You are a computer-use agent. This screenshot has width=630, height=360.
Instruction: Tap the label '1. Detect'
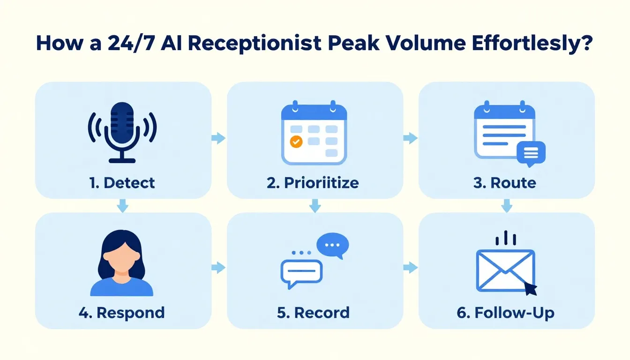(x=122, y=182)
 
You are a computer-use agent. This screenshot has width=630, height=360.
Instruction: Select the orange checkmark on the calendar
(x=296, y=141)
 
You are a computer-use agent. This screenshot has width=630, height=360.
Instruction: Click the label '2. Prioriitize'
(x=313, y=182)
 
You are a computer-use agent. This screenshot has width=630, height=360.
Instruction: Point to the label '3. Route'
(x=504, y=182)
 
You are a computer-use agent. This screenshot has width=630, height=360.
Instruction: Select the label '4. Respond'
(x=122, y=312)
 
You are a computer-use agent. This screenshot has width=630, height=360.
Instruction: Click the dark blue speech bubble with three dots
(x=332, y=245)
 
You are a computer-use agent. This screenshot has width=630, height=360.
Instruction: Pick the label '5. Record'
(x=313, y=312)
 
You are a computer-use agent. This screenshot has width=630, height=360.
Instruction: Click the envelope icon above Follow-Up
(x=504, y=270)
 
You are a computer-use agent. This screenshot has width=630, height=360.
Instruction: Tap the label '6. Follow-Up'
(x=505, y=312)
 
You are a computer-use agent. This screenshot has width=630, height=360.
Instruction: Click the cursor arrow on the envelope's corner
(x=531, y=289)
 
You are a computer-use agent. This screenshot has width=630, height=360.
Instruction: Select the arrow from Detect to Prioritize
(x=218, y=138)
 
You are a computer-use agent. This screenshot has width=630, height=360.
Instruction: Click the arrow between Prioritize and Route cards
(x=410, y=138)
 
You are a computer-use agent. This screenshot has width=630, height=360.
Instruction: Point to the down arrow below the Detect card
(x=122, y=206)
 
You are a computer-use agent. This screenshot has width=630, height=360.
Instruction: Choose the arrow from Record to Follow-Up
(x=410, y=268)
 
